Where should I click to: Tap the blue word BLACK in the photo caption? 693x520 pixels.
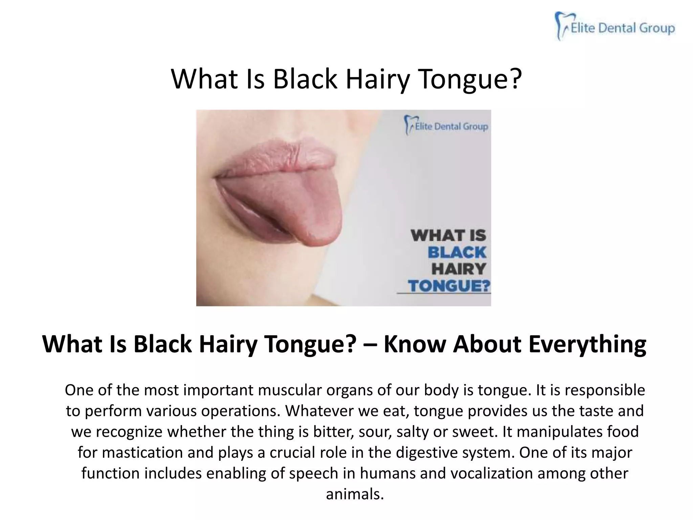pyautogui.click(x=457, y=253)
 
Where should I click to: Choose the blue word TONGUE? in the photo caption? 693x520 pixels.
pyautogui.click(x=449, y=286)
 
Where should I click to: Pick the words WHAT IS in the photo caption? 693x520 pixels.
pyautogui.click(x=448, y=236)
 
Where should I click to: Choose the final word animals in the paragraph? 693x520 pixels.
pyautogui.click(x=355, y=494)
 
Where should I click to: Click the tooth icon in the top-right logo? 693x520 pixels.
pyautogui.click(x=562, y=25)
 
